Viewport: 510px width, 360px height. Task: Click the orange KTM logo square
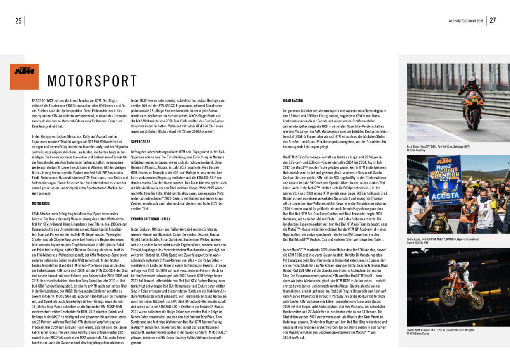(24, 76)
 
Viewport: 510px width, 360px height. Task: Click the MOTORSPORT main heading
(92, 81)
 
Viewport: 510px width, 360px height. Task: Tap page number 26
(18, 21)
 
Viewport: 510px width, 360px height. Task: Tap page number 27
(493, 21)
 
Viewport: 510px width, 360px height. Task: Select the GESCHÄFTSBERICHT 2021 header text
(466, 21)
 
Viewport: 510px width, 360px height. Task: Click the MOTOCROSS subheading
(41, 203)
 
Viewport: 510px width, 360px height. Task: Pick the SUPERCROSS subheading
(141, 142)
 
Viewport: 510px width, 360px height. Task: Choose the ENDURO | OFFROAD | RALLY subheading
(150, 219)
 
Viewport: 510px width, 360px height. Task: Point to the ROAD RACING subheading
(293, 101)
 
